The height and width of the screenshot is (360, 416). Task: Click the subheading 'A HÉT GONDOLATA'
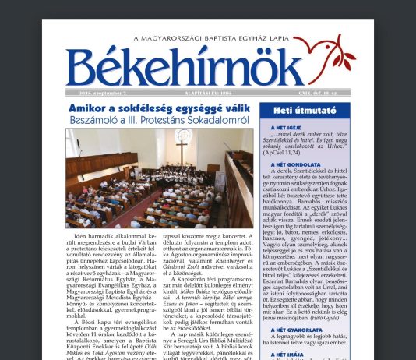click(293, 165)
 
